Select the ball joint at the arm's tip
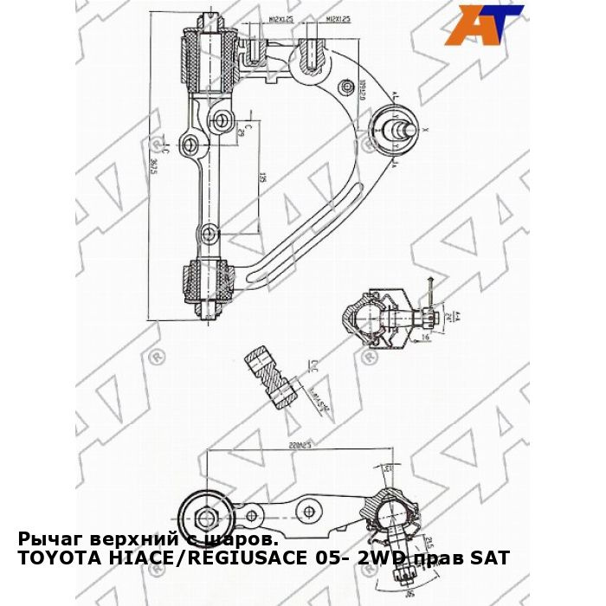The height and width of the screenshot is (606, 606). tap(394, 130)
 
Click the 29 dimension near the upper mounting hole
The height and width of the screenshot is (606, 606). tap(240, 131)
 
